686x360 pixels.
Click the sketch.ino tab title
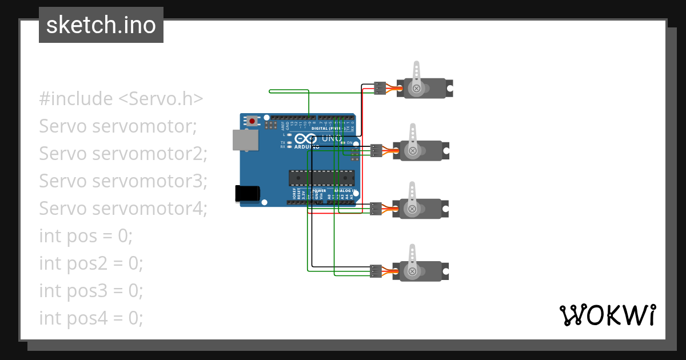click(x=101, y=26)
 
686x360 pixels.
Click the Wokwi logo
click(x=607, y=315)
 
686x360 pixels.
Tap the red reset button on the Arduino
click(x=252, y=121)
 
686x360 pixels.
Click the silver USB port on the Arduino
click(x=245, y=139)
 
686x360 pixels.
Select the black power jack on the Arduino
click(x=248, y=194)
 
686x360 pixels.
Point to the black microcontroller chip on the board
click(x=321, y=178)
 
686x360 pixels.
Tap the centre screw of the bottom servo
click(x=412, y=271)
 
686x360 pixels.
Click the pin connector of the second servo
click(x=376, y=150)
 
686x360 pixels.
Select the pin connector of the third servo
click(x=376, y=209)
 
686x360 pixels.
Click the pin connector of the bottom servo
click(x=376, y=271)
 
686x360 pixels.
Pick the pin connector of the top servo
click(x=380, y=88)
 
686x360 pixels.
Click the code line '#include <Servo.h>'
click(x=121, y=99)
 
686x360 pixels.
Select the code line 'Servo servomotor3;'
click(x=123, y=181)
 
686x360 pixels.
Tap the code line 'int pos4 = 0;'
click(x=91, y=318)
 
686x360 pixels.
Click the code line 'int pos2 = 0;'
click(x=91, y=263)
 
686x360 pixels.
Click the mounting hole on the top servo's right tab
click(x=450, y=89)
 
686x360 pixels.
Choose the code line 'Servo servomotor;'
click(x=118, y=126)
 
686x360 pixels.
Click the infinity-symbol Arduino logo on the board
click(x=305, y=139)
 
